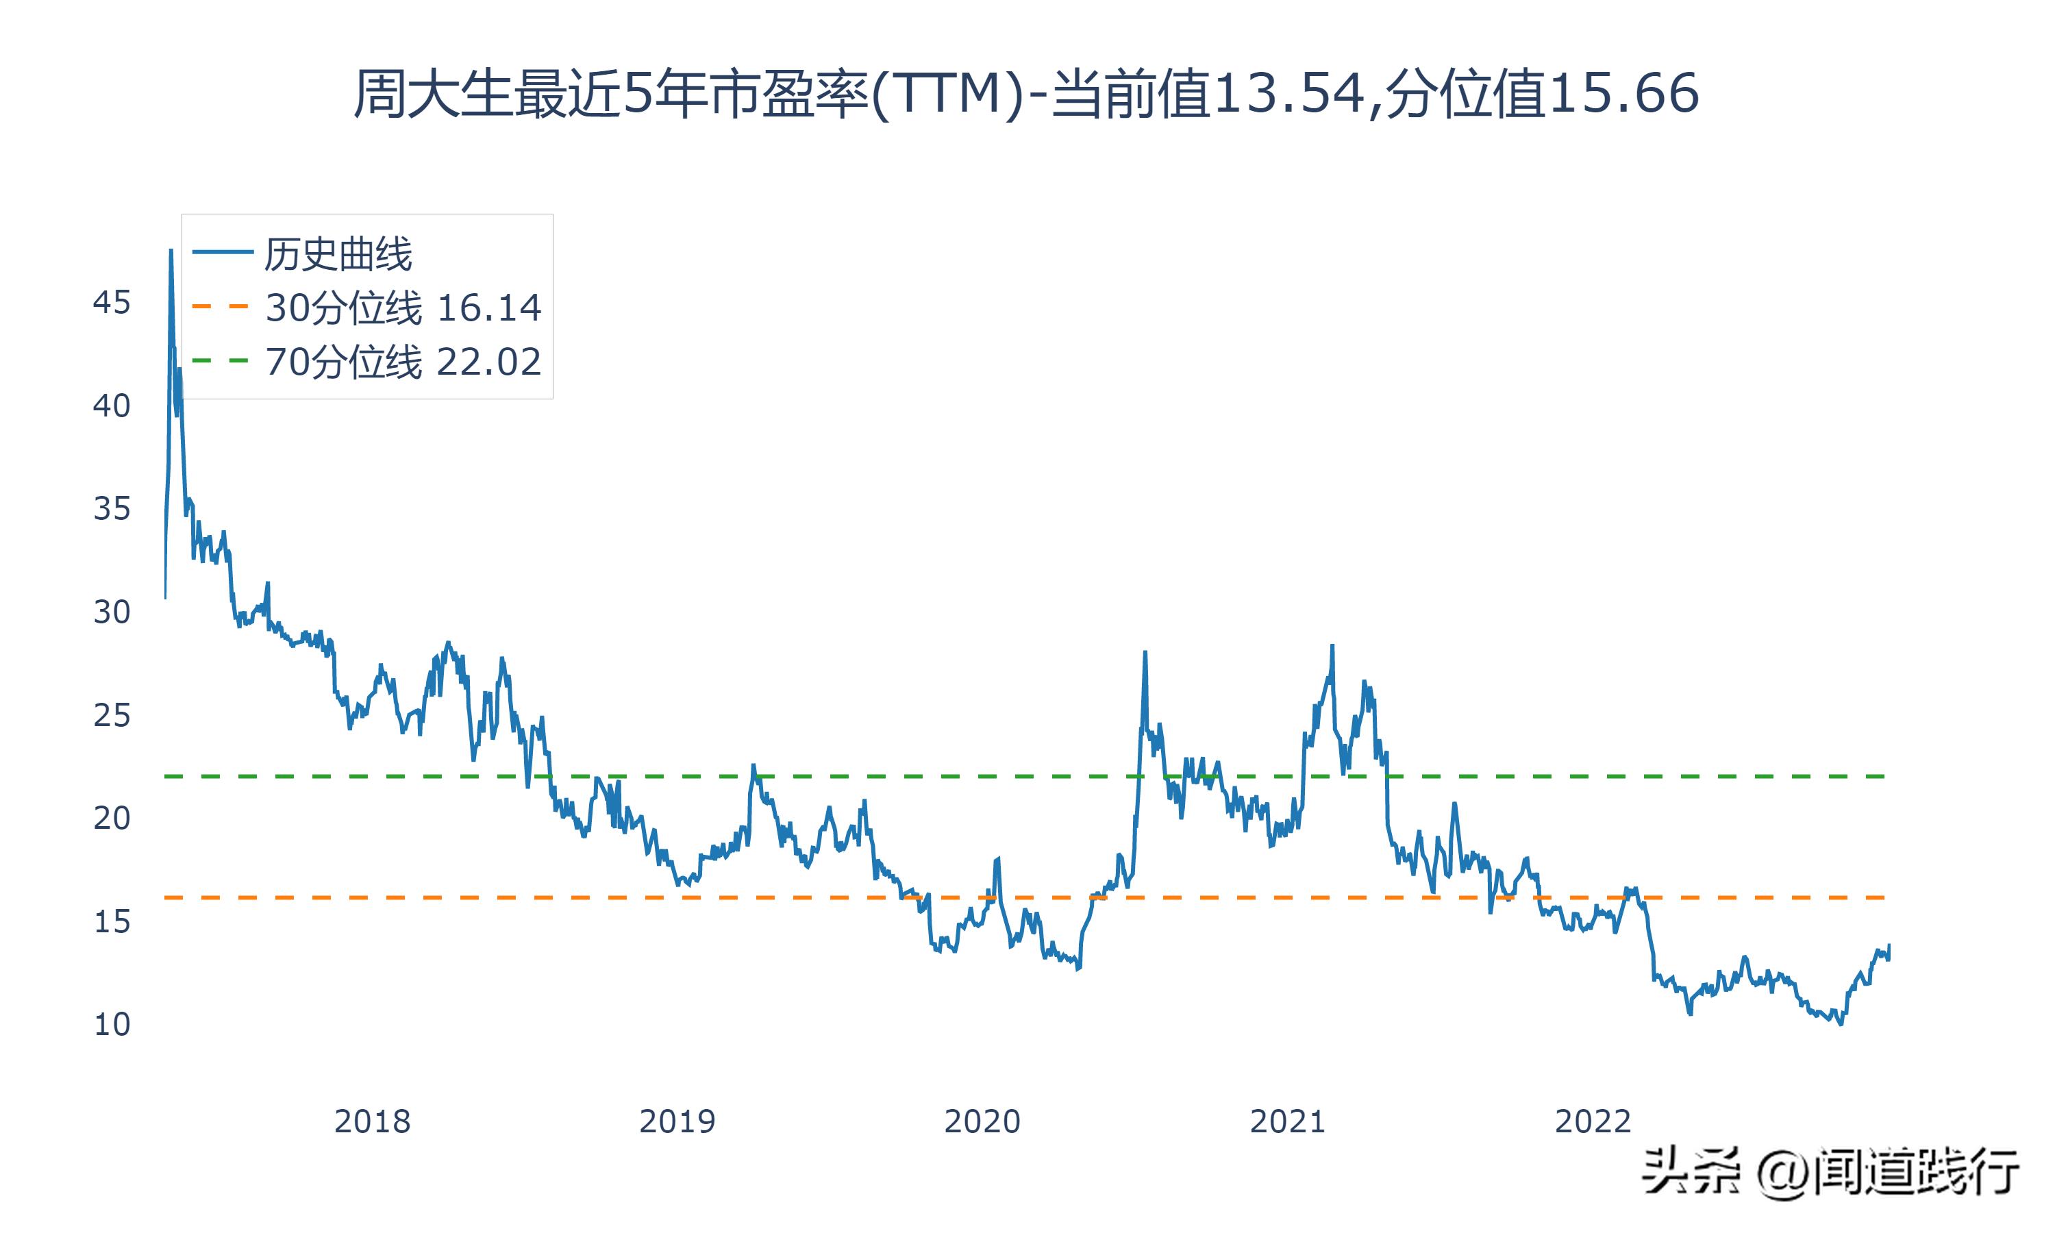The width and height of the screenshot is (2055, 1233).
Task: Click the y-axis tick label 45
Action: pyautogui.click(x=111, y=303)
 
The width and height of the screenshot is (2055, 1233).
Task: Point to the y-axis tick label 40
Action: pyautogui.click(x=111, y=406)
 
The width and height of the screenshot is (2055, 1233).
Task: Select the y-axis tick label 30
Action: pyautogui.click(x=111, y=612)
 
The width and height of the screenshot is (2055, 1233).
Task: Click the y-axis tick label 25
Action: pyautogui.click(x=111, y=715)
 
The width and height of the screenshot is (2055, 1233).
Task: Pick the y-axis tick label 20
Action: pyautogui.click(x=111, y=819)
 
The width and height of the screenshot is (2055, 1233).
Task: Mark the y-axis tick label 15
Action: pyautogui.click(x=111, y=921)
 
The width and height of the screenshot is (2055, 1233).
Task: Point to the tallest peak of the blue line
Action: pyautogui.click(x=171, y=250)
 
